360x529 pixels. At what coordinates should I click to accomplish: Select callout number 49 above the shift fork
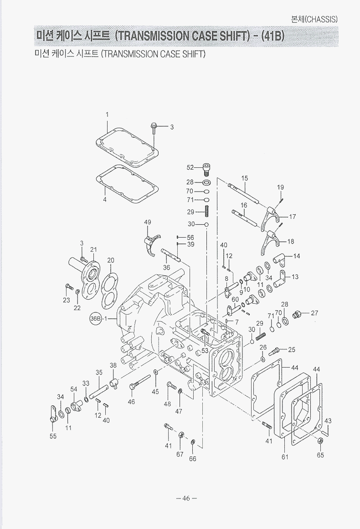[148, 222]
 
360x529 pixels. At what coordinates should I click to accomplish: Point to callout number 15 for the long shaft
[245, 178]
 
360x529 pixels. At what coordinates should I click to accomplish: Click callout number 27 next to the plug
[314, 313]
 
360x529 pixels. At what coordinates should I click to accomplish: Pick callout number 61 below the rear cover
[285, 457]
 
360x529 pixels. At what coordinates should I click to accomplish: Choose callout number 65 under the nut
[320, 455]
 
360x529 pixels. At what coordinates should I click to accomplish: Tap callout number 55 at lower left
[53, 436]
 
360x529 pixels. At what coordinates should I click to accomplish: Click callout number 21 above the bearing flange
[93, 249]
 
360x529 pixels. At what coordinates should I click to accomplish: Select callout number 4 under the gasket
[105, 199]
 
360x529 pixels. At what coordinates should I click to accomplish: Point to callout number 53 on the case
[205, 350]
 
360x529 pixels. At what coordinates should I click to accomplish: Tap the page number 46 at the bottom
[186, 498]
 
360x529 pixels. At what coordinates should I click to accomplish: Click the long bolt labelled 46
[140, 381]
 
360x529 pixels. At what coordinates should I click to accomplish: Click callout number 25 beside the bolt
[292, 350]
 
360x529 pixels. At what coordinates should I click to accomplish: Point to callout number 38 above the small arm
[113, 365]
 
